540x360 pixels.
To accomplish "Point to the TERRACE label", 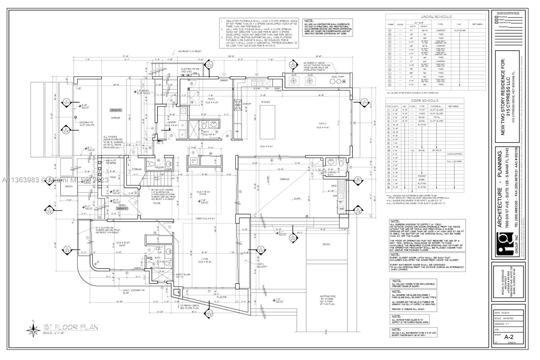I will [285, 179].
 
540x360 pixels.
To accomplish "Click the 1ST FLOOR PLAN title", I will [71, 327].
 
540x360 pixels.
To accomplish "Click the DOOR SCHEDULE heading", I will [425, 101].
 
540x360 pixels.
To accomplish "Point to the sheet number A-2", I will [509, 337].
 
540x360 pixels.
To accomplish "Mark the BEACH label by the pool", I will [326, 244].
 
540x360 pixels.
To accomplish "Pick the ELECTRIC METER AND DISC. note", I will [190, 70].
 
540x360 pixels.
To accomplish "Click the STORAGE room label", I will [137, 169].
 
